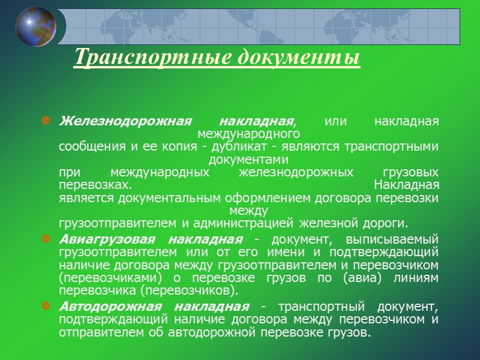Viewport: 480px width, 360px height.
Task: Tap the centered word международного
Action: click(248, 134)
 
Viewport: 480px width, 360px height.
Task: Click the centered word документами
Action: click(248, 160)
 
